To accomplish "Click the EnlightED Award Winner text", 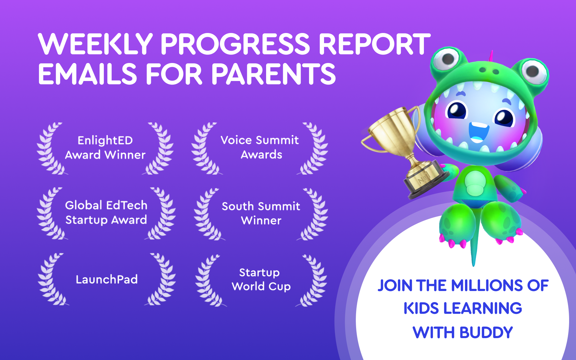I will coord(105,147).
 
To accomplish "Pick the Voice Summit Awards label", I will coord(260,147).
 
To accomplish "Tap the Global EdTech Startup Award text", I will coord(106,212).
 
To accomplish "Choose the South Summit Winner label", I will coord(261,213).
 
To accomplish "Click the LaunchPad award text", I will coord(106,279).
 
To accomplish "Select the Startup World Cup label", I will coord(260,279).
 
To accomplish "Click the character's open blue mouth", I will coord(478,132).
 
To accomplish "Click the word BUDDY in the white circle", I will coord(486,332).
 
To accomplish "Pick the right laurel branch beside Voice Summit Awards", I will coord(315,148).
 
